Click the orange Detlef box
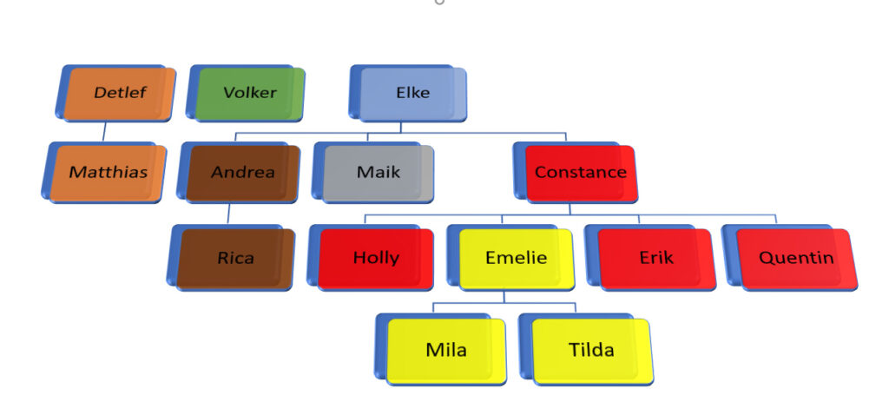[x=120, y=93]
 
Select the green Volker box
[x=250, y=93]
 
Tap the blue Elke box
[x=412, y=93]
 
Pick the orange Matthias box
[x=108, y=172]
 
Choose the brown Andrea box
[x=243, y=172]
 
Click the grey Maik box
[x=379, y=172]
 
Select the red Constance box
[x=580, y=172]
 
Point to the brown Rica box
[x=235, y=257]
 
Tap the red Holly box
[x=376, y=257]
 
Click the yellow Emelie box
[x=516, y=257]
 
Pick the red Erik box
[x=655, y=257]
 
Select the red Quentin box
[x=796, y=257]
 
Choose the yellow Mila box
[x=445, y=350]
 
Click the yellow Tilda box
[x=590, y=350]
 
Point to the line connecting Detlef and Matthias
[x=104, y=131]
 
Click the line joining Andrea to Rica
[x=227, y=214]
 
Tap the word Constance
[x=580, y=172]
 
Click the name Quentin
[x=796, y=257]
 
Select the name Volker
[x=250, y=93]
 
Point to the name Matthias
[x=108, y=172]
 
